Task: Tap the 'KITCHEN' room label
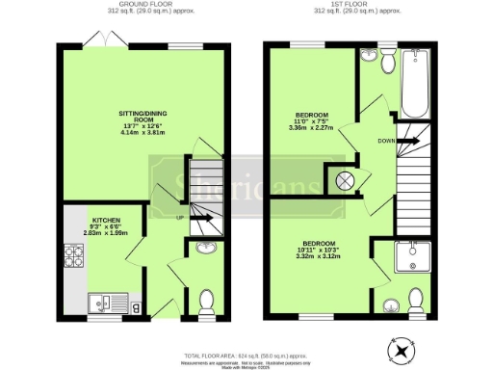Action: click(x=106, y=220)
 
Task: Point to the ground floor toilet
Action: click(x=205, y=304)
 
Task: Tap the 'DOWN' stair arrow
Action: click(x=407, y=140)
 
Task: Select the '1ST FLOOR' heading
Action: click(x=372, y=4)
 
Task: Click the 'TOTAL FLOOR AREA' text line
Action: click(x=246, y=355)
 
